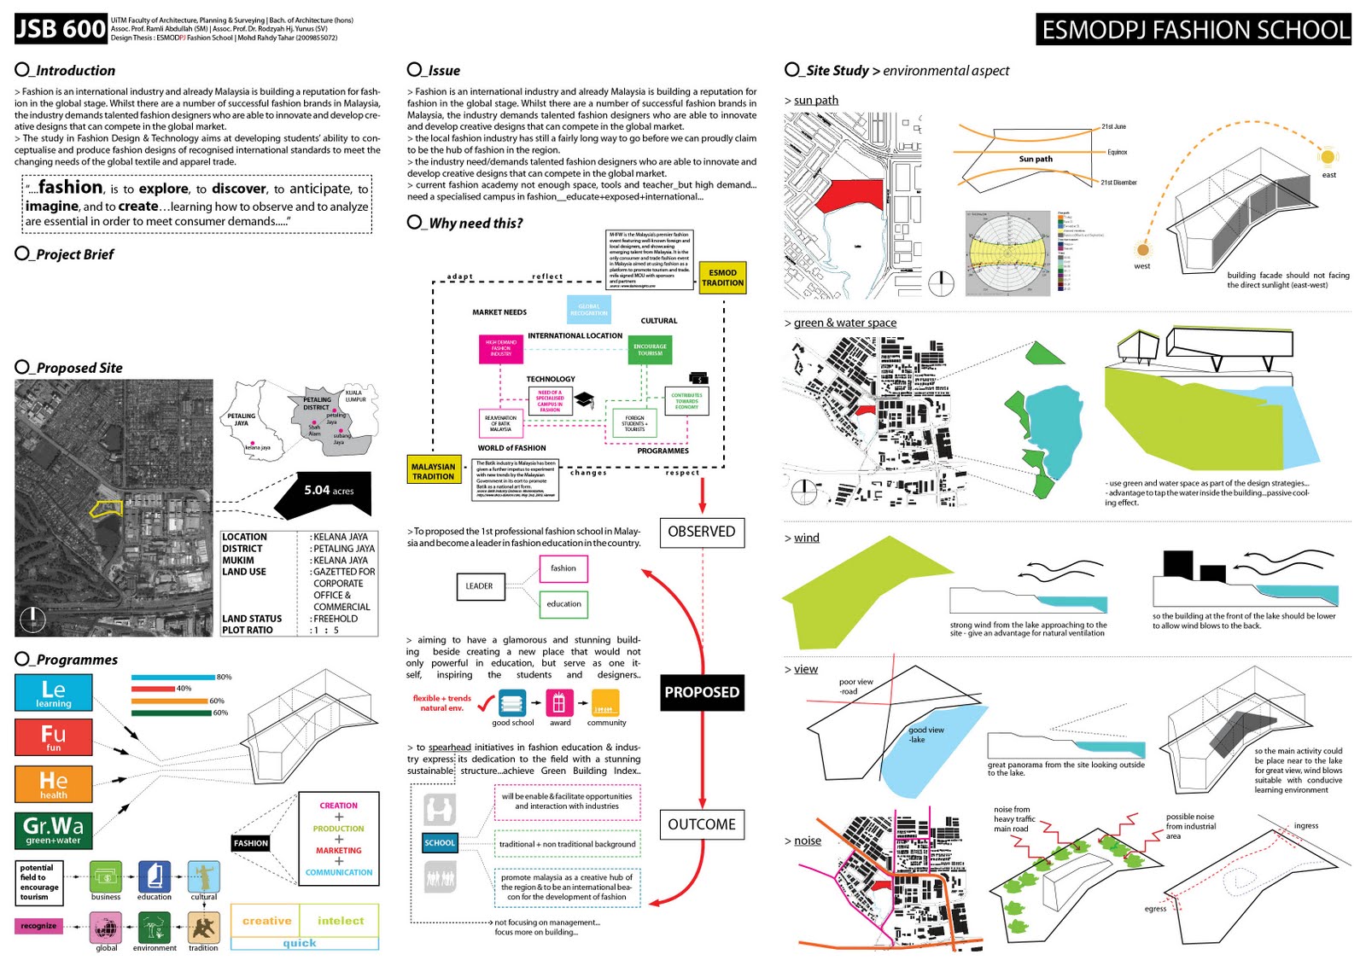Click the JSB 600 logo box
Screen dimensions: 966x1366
[61, 29]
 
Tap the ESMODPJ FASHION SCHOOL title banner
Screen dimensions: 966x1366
[1194, 30]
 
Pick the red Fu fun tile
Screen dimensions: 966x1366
[53, 737]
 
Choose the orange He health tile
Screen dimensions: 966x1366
[53, 784]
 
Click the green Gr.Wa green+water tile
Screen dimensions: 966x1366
[53, 829]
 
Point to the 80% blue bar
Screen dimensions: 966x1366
[173, 677]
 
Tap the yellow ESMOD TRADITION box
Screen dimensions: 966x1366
[722, 278]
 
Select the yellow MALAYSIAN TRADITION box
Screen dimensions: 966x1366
[434, 471]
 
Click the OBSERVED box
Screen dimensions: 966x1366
[702, 532]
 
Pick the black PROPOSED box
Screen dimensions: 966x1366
[702, 692]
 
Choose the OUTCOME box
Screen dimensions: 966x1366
[702, 824]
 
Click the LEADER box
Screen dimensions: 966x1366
[479, 586]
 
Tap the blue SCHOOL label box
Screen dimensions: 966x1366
[440, 843]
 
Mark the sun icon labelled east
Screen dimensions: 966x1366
[1327, 157]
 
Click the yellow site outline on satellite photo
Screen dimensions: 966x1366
[107, 509]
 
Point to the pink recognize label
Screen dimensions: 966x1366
[38, 926]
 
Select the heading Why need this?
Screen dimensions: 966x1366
[475, 224]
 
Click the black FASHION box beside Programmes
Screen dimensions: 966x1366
[251, 843]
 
